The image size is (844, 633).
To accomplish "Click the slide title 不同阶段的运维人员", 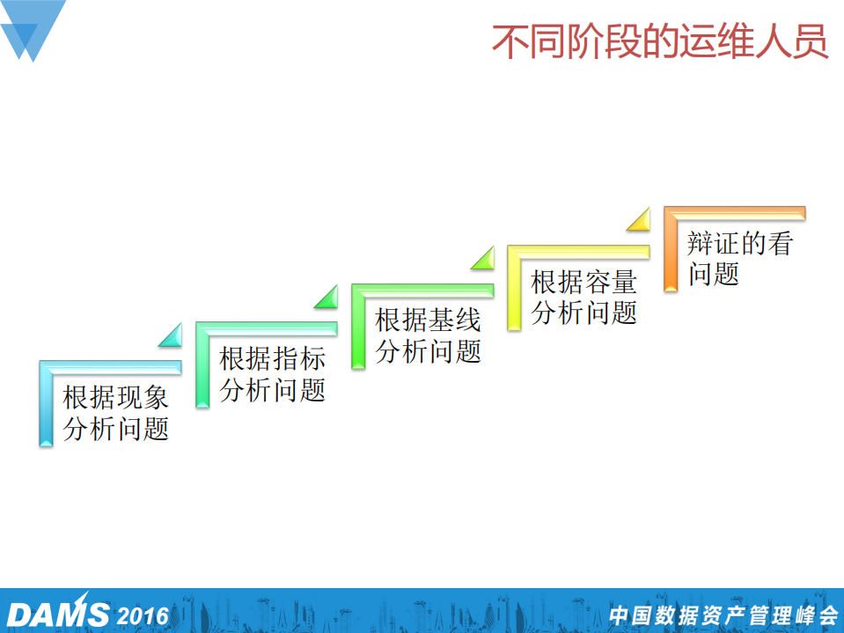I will [x=659, y=42].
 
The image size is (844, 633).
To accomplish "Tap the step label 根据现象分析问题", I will [x=116, y=414].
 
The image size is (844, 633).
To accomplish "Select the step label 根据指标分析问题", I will [x=273, y=374].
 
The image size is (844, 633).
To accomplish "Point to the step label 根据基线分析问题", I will [x=429, y=335].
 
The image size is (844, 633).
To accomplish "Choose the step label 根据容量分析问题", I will [x=584, y=298].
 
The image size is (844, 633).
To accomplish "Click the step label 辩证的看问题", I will [x=739, y=259].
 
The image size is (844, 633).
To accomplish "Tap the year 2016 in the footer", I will [x=142, y=615].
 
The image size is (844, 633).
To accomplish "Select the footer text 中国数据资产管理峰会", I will [x=723, y=615].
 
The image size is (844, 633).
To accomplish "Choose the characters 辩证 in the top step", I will [x=713, y=244].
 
